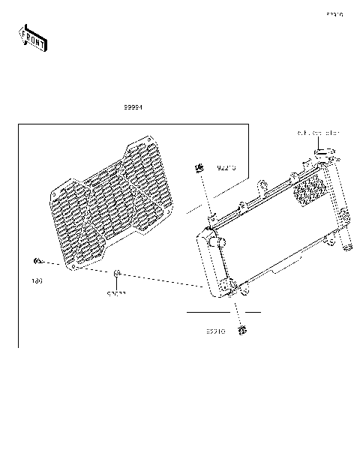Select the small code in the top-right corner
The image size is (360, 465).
click(334, 14)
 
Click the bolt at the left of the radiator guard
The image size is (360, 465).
click(36, 260)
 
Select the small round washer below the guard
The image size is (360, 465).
click(117, 273)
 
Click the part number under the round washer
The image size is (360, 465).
click(115, 293)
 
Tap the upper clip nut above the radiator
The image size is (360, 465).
click(199, 166)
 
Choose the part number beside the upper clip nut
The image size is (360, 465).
click(226, 168)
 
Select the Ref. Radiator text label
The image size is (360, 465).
click(319, 133)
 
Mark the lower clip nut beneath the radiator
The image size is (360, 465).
click(242, 329)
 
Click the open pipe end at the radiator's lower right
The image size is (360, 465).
click(349, 246)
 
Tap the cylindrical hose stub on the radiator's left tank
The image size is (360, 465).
click(220, 241)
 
